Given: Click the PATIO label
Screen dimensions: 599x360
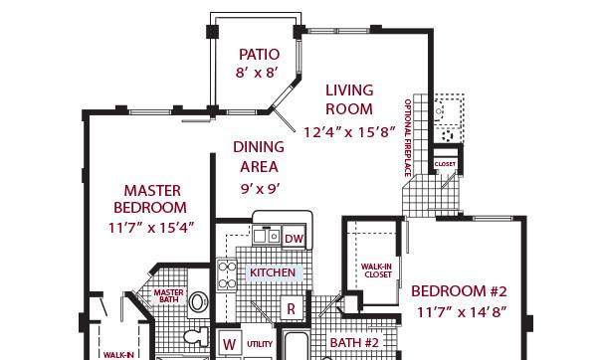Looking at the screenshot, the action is click(259, 55).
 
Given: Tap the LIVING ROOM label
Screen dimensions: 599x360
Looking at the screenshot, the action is click(349, 99).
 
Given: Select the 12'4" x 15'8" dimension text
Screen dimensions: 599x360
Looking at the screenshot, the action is click(349, 132).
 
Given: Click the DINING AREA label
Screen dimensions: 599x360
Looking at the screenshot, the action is click(259, 157).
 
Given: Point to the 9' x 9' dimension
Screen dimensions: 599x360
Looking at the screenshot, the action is click(260, 189).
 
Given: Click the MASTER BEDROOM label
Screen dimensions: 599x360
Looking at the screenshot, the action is click(150, 199).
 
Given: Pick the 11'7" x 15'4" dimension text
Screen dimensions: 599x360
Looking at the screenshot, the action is click(151, 228).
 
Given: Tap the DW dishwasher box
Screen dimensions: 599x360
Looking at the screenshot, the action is click(294, 238).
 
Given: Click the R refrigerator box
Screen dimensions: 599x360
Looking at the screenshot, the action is click(292, 308).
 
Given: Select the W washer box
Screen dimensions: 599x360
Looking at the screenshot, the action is click(229, 343).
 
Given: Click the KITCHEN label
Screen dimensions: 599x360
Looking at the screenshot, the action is click(273, 272).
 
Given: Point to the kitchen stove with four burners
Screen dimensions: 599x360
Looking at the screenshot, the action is click(227, 274).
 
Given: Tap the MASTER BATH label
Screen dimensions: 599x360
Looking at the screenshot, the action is click(168, 296).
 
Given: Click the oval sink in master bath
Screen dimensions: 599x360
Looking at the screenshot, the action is click(198, 302).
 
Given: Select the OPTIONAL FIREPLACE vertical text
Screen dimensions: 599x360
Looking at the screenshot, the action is click(408, 138).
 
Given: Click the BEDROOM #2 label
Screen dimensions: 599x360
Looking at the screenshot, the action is click(459, 291).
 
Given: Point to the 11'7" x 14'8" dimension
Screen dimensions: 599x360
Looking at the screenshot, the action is click(462, 312).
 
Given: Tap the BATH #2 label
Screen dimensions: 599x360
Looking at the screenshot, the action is click(354, 342).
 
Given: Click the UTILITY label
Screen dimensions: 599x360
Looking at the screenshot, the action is click(260, 344).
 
